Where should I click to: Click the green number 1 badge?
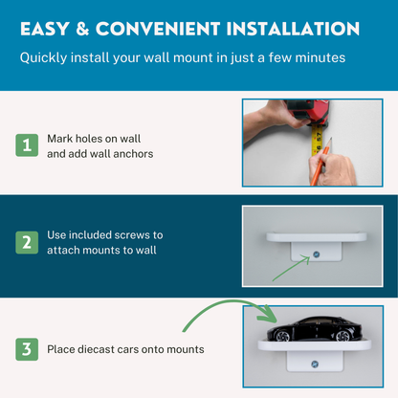coord(27,145)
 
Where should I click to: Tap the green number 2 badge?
coord(27,242)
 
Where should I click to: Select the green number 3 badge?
coord(27,349)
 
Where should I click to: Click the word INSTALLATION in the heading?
coord(293,29)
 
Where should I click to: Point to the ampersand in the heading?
coord(82,29)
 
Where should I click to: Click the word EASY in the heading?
coord(45,29)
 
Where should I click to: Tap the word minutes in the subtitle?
coord(321,57)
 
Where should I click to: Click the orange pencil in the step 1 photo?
coord(321,161)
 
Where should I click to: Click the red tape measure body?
coord(306,112)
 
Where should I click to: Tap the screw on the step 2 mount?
coord(317,254)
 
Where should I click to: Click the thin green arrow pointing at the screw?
coord(291,269)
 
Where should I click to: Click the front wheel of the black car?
coord(282,336)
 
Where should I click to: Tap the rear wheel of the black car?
coord(343,336)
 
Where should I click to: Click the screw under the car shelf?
coord(315,364)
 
